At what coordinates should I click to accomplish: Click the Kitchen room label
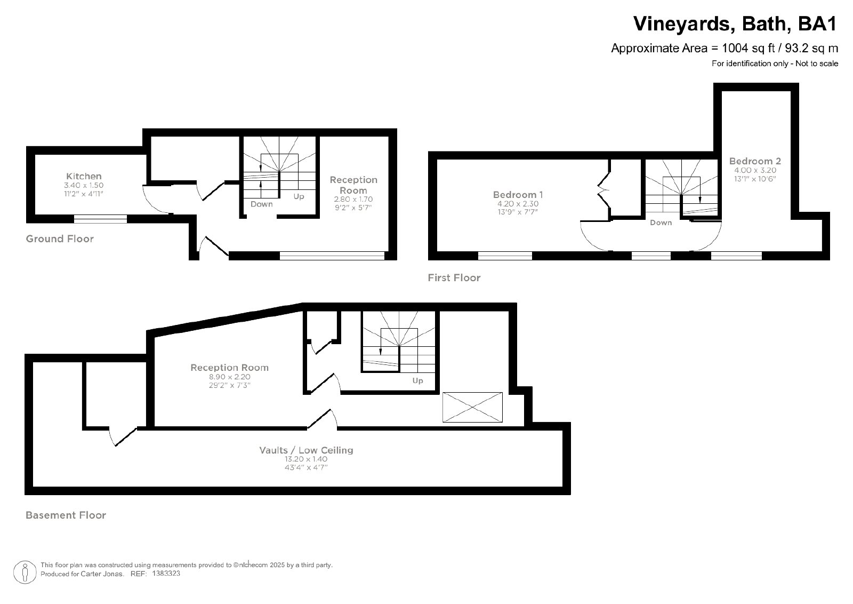coord(84,176)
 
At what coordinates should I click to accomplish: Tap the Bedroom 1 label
coord(518,195)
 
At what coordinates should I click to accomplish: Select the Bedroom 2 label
coord(755,161)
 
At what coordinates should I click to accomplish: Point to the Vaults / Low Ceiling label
coord(306,450)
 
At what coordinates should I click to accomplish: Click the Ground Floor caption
coord(60,239)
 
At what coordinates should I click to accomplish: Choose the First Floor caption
coord(454,278)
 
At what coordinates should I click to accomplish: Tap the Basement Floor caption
coord(66,515)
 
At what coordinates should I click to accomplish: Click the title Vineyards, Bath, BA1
coord(735,23)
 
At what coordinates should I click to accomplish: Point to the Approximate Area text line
coord(725,49)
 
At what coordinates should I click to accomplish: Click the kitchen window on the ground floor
coord(100,219)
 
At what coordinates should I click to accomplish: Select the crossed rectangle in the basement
coord(472,407)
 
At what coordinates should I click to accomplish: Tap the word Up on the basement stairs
coord(418,380)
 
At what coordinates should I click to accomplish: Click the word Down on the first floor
coord(661,222)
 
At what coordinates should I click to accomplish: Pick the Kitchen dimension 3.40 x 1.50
coord(84,185)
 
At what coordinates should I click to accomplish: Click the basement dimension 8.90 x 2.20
coord(230,377)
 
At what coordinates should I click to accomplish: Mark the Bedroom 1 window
coord(505,256)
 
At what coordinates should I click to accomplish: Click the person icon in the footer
coord(25,572)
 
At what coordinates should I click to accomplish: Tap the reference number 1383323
coord(166,574)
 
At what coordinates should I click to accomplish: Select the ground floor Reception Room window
coord(332,256)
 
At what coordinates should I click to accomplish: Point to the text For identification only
coord(750,63)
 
